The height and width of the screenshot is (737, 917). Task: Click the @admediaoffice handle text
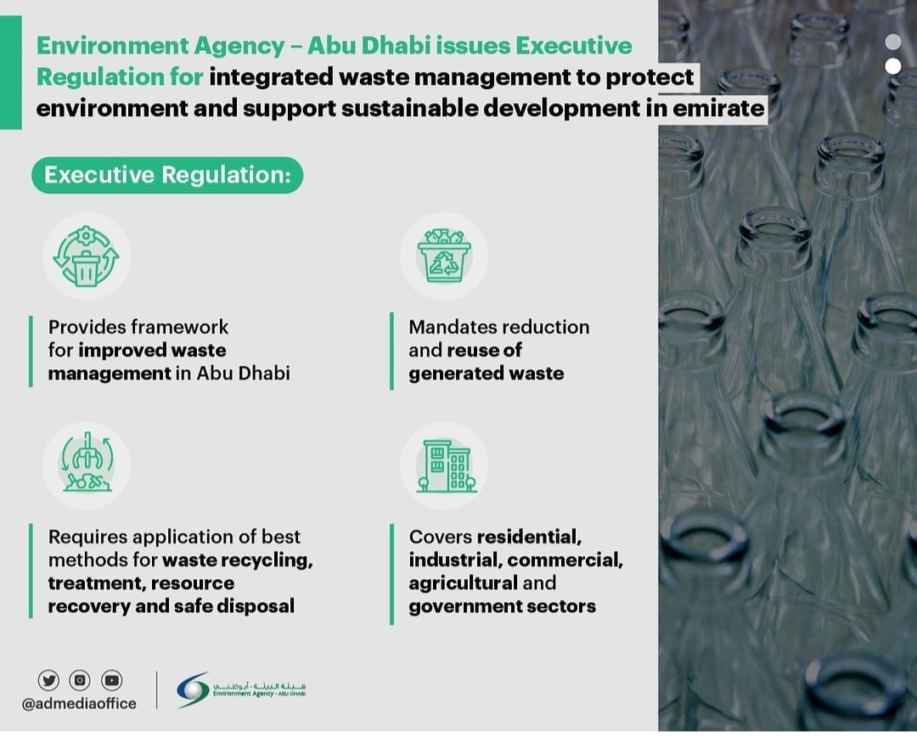tap(80, 703)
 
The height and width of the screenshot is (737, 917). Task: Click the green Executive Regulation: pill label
tap(167, 176)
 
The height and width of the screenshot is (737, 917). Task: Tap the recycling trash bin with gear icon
tap(86, 256)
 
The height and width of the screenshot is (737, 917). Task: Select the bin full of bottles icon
tap(444, 256)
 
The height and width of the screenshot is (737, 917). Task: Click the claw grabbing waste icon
tap(86, 465)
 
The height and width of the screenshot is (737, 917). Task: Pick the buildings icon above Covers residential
tap(444, 465)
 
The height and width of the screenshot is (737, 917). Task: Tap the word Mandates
tap(452, 327)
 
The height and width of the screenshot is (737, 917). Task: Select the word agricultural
tap(463, 583)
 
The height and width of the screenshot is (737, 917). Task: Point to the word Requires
tap(83, 537)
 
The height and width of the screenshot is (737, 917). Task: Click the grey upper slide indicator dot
tap(892, 42)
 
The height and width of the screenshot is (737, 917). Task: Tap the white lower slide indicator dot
tap(892, 66)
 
